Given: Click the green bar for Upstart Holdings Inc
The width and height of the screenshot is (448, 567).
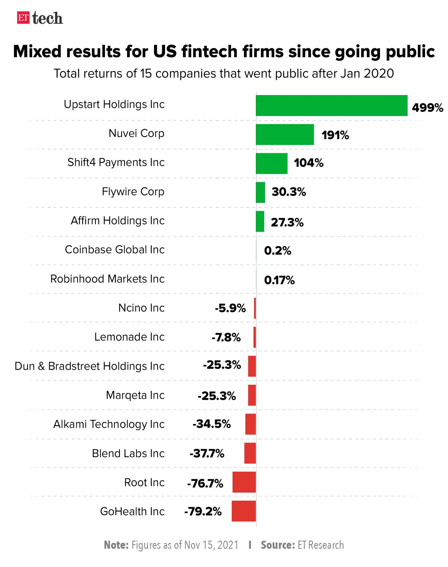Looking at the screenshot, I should [331, 106].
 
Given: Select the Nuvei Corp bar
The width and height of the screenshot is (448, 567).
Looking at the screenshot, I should [285, 135].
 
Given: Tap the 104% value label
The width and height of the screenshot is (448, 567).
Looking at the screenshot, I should [309, 163].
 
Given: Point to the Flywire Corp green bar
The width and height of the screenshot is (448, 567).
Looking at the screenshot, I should [260, 192].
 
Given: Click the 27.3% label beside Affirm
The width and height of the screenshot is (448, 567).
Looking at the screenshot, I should [287, 222].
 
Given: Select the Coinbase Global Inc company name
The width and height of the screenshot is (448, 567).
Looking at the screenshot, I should [114, 250].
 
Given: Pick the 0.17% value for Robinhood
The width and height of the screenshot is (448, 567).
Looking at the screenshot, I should [279, 280].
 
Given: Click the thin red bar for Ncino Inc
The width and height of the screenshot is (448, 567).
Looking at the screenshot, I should [255, 308].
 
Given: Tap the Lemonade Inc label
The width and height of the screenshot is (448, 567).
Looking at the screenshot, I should [129, 337].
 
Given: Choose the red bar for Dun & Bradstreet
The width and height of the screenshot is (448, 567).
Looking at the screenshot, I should [252, 366].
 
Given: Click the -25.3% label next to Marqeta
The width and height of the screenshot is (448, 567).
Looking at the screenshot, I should [217, 396].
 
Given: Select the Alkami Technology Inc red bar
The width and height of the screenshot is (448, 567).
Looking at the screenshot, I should [250, 424].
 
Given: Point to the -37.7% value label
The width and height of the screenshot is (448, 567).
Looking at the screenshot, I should [207, 454].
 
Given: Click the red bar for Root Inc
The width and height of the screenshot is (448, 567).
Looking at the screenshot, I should [244, 482].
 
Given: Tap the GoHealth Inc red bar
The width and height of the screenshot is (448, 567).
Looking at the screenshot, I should [243, 511].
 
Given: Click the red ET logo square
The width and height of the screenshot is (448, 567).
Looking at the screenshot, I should [23, 18].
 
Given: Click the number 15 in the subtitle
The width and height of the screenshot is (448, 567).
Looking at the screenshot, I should [146, 74].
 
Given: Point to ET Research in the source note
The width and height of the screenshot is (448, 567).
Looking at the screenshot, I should [321, 545].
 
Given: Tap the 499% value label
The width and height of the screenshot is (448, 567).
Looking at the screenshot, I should [427, 107].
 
